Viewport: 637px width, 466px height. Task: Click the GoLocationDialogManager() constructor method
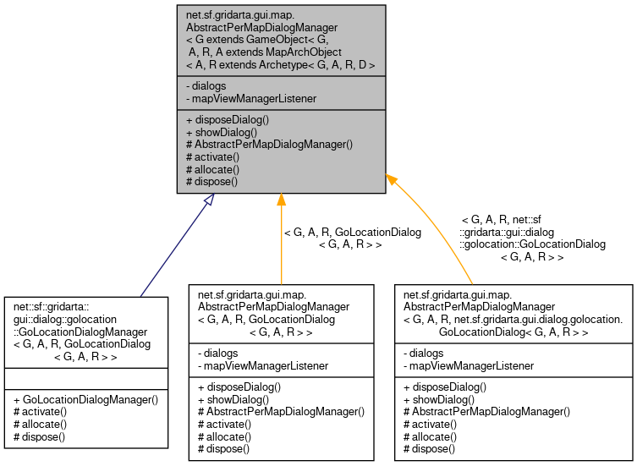tap(85, 399)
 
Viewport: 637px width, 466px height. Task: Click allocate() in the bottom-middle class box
tap(224, 436)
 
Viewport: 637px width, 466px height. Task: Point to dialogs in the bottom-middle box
tap(220, 354)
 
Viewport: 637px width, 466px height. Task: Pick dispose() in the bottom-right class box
tap(429, 448)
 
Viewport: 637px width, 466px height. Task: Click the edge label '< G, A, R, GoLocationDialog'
tap(352, 232)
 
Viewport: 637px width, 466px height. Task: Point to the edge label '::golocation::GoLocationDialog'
tap(532, 244)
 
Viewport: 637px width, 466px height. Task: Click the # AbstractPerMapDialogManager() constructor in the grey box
tap(268, 145)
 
